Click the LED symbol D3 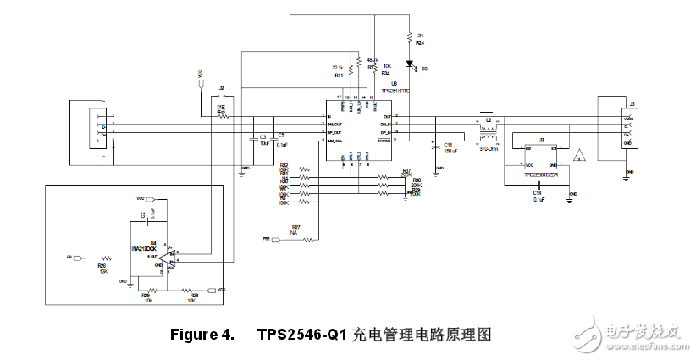[410, 63]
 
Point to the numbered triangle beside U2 [579, 155]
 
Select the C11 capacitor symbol [434, 145]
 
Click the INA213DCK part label [154, 249]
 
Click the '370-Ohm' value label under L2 [488, 149]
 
